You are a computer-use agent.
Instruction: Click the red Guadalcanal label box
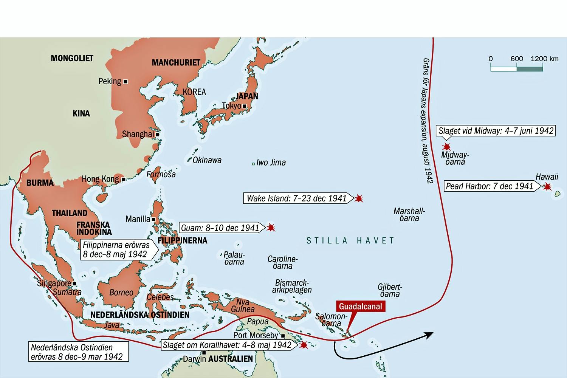[360, 307]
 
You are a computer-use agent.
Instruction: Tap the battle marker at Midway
[447, 147]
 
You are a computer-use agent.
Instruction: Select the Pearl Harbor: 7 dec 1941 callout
[490, 186]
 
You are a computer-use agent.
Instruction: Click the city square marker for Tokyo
[244, 106]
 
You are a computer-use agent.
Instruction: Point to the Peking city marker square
[125, 82]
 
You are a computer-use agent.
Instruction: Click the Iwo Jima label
[271, 163]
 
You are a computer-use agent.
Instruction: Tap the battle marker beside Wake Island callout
[359, 198]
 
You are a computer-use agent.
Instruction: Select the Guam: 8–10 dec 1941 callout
[220, 228]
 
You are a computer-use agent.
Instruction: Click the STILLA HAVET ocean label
[350, 241]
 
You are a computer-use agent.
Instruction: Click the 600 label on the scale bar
[516, 59]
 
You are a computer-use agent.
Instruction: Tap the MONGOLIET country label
[72, 58]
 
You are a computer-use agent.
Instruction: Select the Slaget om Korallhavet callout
[227, 345]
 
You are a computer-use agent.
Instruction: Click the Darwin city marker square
[204, 353]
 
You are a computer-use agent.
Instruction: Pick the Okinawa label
[207, 160]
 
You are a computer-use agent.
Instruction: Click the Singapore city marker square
[74, 283]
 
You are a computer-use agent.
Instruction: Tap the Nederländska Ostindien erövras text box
[77, 352]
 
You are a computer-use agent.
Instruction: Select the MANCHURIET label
[176, 63]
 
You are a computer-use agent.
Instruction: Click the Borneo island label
[121, 293]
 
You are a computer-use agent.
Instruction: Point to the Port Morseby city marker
[283, 336]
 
